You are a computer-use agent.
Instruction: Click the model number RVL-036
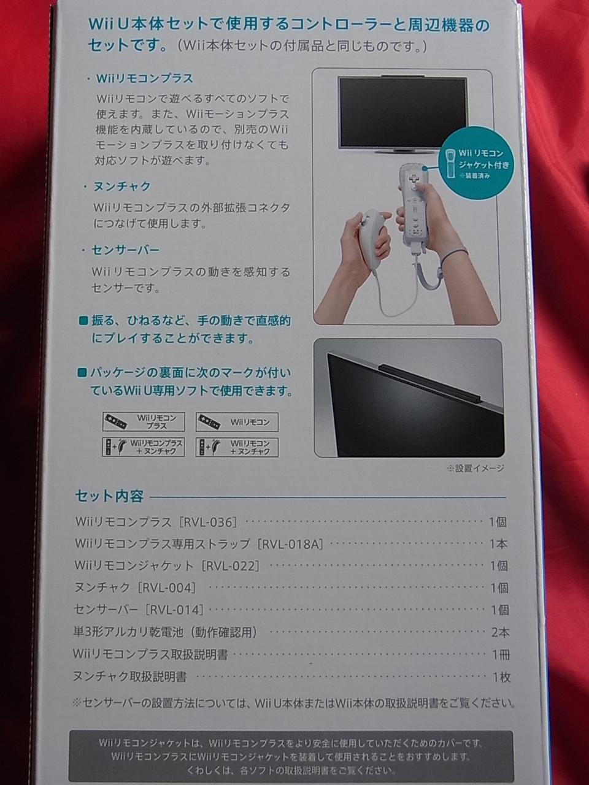209,523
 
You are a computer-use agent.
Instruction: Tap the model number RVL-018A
292,544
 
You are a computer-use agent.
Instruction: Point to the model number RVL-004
167,588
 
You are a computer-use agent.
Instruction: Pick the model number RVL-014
176,610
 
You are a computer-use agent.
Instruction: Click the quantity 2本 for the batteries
499,632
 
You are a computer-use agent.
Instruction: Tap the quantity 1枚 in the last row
501,677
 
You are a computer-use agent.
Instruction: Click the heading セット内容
109,496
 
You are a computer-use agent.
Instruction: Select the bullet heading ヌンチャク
121,186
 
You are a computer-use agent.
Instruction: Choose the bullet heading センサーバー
125,250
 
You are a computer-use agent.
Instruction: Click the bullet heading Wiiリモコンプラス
144,78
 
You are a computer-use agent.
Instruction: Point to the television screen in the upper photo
403,112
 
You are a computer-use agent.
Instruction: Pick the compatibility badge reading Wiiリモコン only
237,422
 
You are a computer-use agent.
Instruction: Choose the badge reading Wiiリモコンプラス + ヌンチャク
144,447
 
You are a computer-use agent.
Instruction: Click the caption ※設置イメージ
475,468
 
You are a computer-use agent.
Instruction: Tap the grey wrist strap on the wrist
455,255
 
